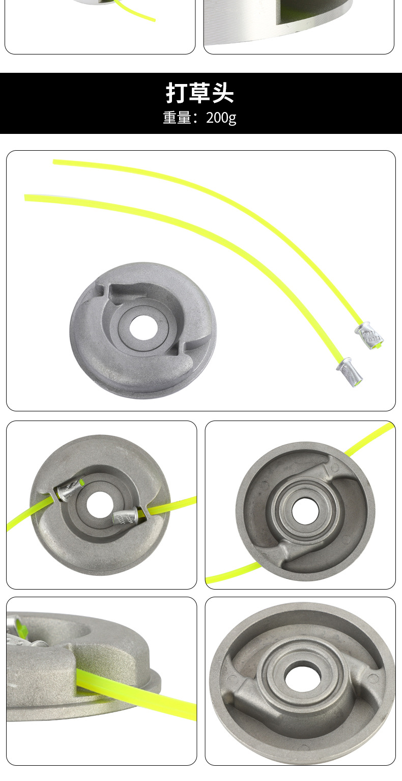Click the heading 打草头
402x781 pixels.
[199, 93]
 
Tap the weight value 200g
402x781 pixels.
[221, 118]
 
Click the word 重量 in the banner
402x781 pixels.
[177, 118]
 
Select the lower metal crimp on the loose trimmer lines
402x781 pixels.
[350, 372]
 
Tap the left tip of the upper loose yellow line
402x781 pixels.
[53, 162]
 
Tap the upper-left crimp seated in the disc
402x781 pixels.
[69, 490]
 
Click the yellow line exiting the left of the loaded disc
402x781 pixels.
[30, 512]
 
